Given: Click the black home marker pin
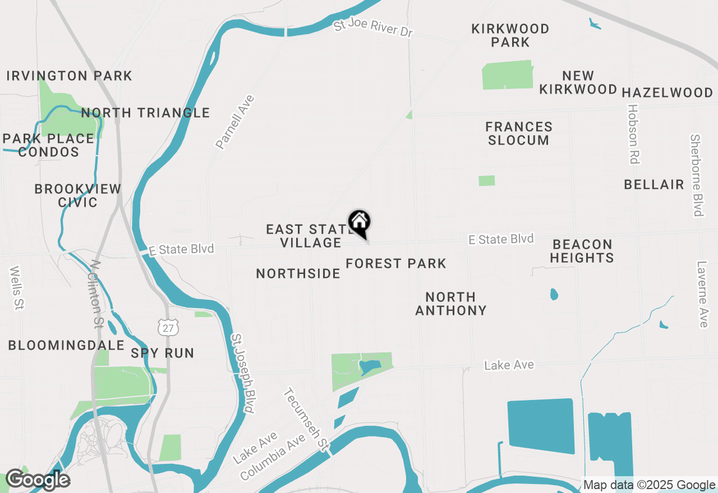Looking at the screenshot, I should pos(360,222).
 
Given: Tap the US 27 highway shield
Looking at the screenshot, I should pos(168,328).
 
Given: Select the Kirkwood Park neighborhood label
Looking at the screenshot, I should pos(510,35).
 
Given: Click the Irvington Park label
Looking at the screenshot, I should pos(70,76).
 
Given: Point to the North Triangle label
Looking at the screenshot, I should pos(145,113).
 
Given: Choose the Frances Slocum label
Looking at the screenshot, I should pos(519,133).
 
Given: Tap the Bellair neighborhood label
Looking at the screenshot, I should pos(654,184).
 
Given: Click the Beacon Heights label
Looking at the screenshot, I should pos(582,251).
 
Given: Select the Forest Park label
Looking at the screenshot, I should pos(396,263).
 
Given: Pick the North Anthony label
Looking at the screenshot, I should pos(451,303).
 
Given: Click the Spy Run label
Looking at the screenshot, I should pos(163,353).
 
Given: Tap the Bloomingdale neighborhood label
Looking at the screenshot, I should pos(66,345).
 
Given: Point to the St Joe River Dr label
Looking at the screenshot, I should pos(373,29).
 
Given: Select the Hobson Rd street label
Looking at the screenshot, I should pos(633,134).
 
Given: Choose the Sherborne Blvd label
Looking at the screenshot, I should pos(697,175).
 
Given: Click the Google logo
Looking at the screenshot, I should pos(38,480).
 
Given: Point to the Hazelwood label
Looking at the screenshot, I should pos(668,92).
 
